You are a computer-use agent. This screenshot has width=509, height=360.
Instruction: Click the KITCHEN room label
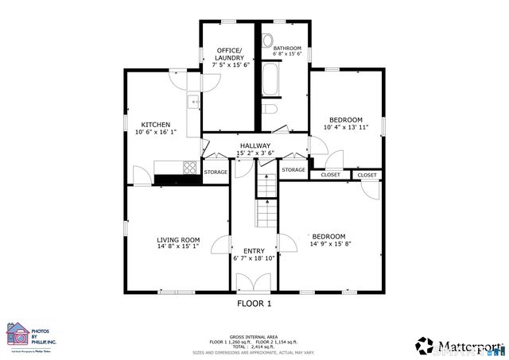155,125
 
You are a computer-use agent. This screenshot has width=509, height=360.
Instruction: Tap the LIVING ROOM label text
177,239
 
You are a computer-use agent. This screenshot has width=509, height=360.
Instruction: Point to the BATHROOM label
287,48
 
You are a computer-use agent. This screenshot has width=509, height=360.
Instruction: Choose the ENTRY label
254,250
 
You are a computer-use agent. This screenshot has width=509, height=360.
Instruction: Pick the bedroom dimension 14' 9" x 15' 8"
328,244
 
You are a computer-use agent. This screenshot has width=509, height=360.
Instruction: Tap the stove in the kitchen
192,168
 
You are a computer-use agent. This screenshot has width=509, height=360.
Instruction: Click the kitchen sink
192,101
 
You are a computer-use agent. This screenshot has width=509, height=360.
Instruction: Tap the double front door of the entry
254,281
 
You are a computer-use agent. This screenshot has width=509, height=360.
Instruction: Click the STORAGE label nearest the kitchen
216,172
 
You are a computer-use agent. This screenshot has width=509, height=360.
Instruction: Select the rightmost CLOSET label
367,175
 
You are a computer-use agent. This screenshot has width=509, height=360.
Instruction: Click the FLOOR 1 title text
254,304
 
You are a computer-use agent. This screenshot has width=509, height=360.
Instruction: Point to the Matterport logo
460,346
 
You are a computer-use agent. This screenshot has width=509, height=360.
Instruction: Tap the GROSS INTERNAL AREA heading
254,336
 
